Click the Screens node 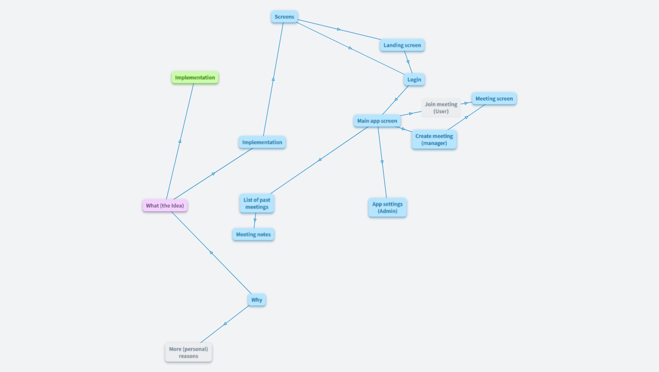pos(284,17)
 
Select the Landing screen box pos(402,46)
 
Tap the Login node pos(414,79)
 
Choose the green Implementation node pos(195,77)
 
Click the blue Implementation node pos(262,142)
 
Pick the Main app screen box pos(377,121)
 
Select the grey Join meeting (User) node pos(441,108)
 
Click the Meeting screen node pos(494,99)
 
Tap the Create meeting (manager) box pos(434,139)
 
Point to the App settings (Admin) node pos(387,207)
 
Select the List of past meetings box pos(257,203)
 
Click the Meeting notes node pos(253,234)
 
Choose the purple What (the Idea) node pos(165,205)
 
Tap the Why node pos(257,300)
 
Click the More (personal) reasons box pos(188,353)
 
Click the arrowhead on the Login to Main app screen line pos(396,99)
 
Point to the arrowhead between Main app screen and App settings pos(382,162)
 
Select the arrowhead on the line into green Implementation pos(180,141)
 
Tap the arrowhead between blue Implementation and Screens pos(273,78)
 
